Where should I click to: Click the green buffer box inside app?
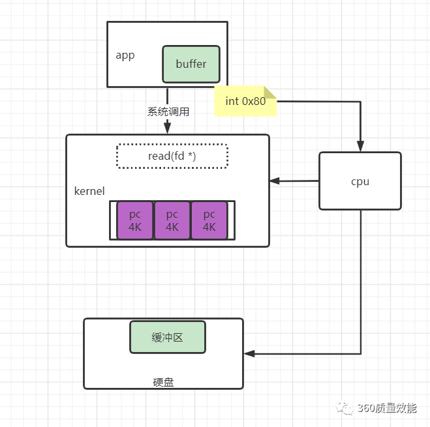191,64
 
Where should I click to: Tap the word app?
125,55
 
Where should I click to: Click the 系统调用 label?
168,111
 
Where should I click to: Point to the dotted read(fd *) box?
172,156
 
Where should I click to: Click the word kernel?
89,191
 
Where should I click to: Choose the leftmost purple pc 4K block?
135,220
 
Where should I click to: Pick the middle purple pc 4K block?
172,220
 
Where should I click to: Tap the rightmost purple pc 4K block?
209,220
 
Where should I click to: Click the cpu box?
360,181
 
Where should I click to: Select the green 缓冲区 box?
168,337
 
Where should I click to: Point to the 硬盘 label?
163,382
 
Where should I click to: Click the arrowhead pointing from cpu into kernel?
274,181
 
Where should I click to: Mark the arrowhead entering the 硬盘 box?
249,354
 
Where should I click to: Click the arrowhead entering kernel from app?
168,130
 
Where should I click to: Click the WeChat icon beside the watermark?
344,408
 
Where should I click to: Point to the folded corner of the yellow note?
270,93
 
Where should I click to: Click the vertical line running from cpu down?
361,280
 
